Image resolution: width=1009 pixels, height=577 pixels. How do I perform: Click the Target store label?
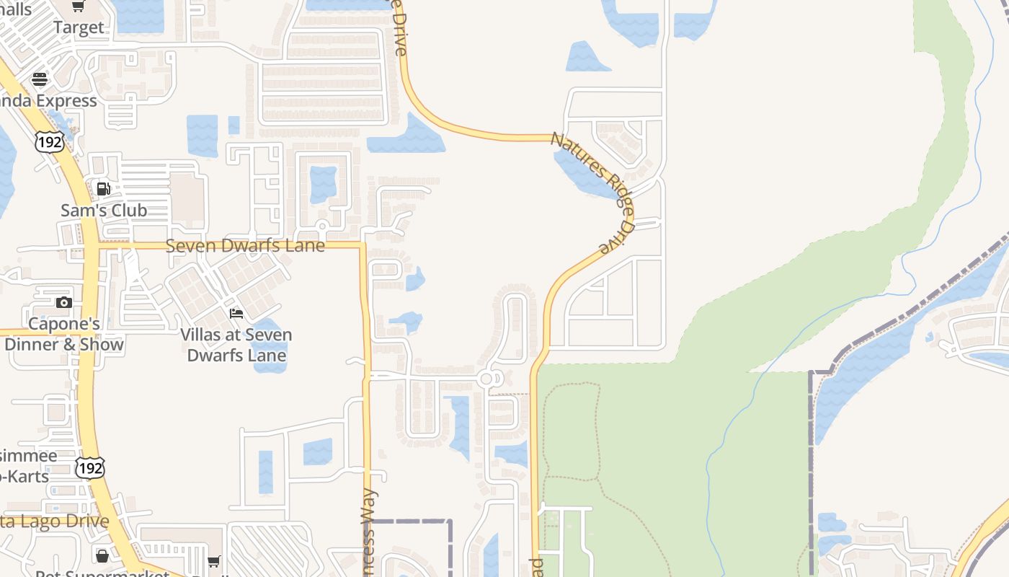79,28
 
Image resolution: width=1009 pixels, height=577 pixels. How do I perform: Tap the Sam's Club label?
104,211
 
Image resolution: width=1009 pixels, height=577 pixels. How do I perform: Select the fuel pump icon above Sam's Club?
104,189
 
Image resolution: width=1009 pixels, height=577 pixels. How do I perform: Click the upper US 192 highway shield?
49,141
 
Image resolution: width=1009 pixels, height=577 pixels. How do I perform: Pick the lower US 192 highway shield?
90,467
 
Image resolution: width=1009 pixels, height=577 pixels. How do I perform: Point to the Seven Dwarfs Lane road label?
245,246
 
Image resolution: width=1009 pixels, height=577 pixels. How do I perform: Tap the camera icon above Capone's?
64,302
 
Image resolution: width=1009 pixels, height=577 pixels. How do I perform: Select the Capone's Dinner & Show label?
63,334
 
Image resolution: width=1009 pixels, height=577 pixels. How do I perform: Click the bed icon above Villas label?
236,313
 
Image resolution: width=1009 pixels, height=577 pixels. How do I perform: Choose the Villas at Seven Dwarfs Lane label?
236,345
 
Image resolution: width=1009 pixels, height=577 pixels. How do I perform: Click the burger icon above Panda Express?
40,79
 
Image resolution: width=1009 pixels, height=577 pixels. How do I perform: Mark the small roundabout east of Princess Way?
486,379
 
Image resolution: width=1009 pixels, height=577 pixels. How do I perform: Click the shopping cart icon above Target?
79,6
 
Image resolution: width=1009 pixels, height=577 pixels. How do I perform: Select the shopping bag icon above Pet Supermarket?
102,556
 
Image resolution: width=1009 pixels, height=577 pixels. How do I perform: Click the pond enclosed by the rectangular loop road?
323,184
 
